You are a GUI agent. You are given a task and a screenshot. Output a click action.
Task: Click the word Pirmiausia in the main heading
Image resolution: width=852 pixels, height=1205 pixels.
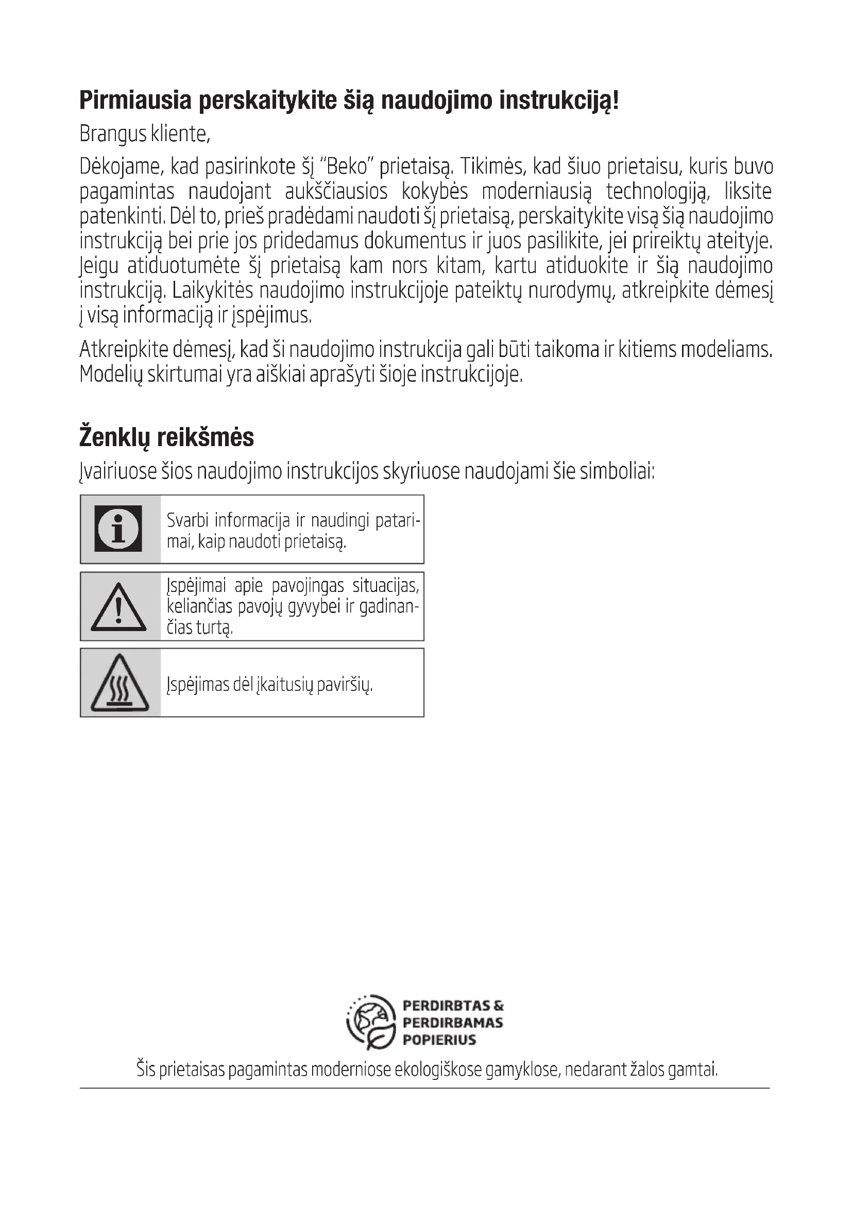point(135,101)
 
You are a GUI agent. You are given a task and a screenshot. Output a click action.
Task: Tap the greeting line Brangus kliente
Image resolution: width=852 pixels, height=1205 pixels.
point(145,134)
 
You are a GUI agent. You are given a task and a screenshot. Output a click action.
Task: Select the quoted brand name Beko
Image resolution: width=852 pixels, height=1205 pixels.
point(346,167)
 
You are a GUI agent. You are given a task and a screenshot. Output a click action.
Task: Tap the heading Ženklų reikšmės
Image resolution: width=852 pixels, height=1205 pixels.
point(166,437)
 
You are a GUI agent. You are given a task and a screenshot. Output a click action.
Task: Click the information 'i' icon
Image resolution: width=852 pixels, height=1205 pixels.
point(118,529)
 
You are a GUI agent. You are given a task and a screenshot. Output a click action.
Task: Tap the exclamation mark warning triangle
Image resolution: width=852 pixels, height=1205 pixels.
point(118,608)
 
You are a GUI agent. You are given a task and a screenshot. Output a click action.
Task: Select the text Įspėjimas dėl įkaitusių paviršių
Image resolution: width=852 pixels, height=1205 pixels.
point(269,684)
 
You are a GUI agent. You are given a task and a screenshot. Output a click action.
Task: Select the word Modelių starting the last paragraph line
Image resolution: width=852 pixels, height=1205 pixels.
point(111,375)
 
